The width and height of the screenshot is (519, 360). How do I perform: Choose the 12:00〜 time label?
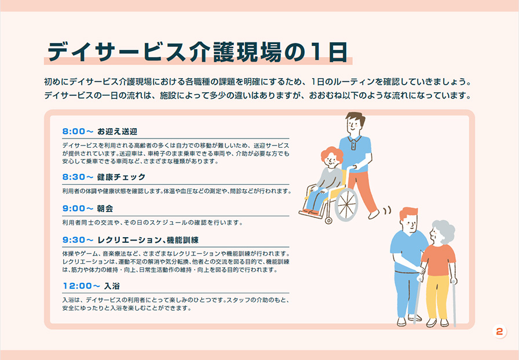coord(82,286)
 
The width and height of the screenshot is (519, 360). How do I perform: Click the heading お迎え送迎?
coord(117,132)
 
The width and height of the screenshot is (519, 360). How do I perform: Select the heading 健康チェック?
coord(121,177)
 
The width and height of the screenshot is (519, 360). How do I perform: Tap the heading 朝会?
coord(105,209)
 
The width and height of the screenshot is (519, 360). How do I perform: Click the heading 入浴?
coord(112,286)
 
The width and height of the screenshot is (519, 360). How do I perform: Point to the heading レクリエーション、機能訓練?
coord(148,240)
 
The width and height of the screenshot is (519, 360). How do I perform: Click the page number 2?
coord(499,331)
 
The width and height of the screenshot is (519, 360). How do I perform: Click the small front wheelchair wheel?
coord(328,220)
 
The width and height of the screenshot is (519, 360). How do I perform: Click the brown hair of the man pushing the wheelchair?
coord(356,118)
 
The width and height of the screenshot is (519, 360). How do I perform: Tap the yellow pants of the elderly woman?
coord(437,297)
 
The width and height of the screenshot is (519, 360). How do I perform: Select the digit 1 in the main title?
coord(316,52)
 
